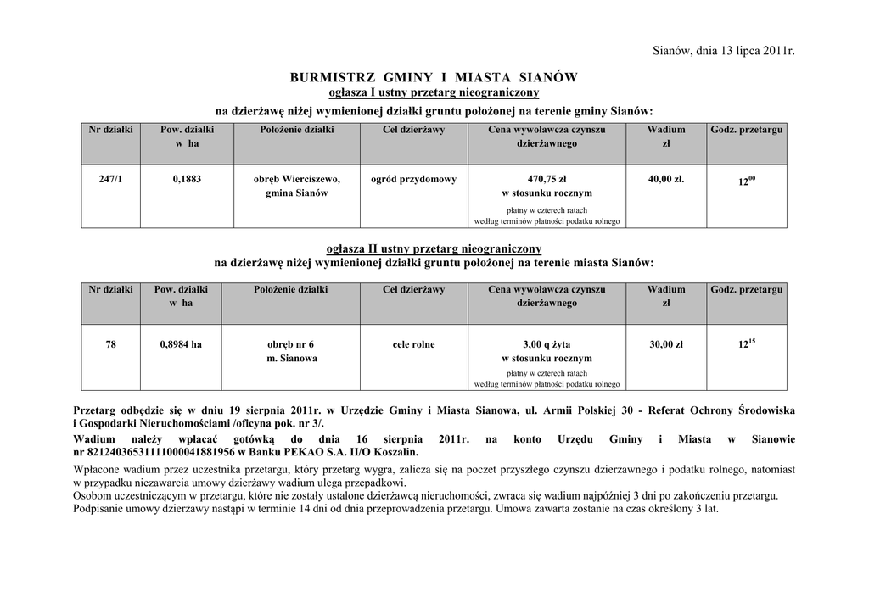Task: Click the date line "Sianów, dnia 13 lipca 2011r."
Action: coord(724,52)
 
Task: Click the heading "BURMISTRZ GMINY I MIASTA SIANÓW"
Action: coord(434,77)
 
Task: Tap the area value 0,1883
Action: coord(187,179)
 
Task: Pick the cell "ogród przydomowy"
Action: coord(413,179)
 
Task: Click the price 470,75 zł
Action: coord(547,179)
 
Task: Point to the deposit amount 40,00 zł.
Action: coord(666,179)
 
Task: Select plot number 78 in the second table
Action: coord(111,344)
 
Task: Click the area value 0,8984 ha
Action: coord(182,344)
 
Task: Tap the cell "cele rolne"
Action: coord(413,344)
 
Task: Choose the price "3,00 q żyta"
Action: coord(547,344)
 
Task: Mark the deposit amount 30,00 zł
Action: coord(666,344)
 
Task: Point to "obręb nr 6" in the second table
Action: coord(290,344)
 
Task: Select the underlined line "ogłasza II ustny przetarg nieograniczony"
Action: coord(434,248)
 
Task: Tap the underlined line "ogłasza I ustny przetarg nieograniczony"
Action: coord(434,92)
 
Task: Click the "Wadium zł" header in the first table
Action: coord(666,137)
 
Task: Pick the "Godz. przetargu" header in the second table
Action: coord(747,290)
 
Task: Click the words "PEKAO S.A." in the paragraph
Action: coord(301,453)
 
